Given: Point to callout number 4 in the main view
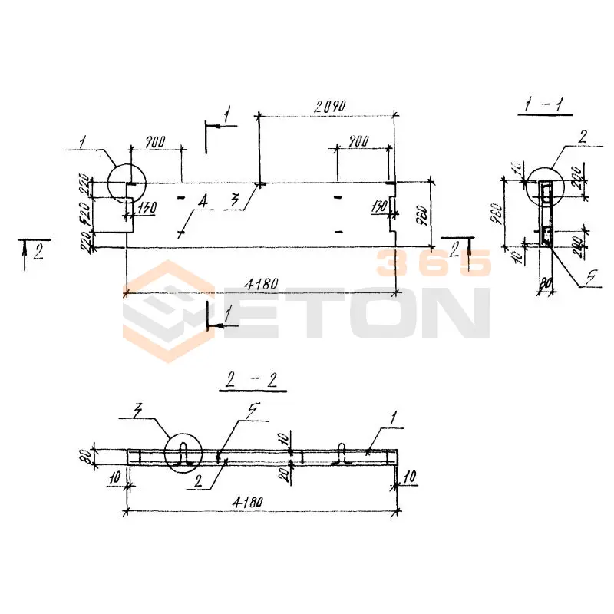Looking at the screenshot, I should click(x=201, y=202).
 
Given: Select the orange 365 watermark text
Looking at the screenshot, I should click(x=431, y=263).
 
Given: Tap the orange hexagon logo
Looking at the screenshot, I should click(x=169, y=310).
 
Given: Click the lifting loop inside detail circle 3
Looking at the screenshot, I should click(x=185, y=454).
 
